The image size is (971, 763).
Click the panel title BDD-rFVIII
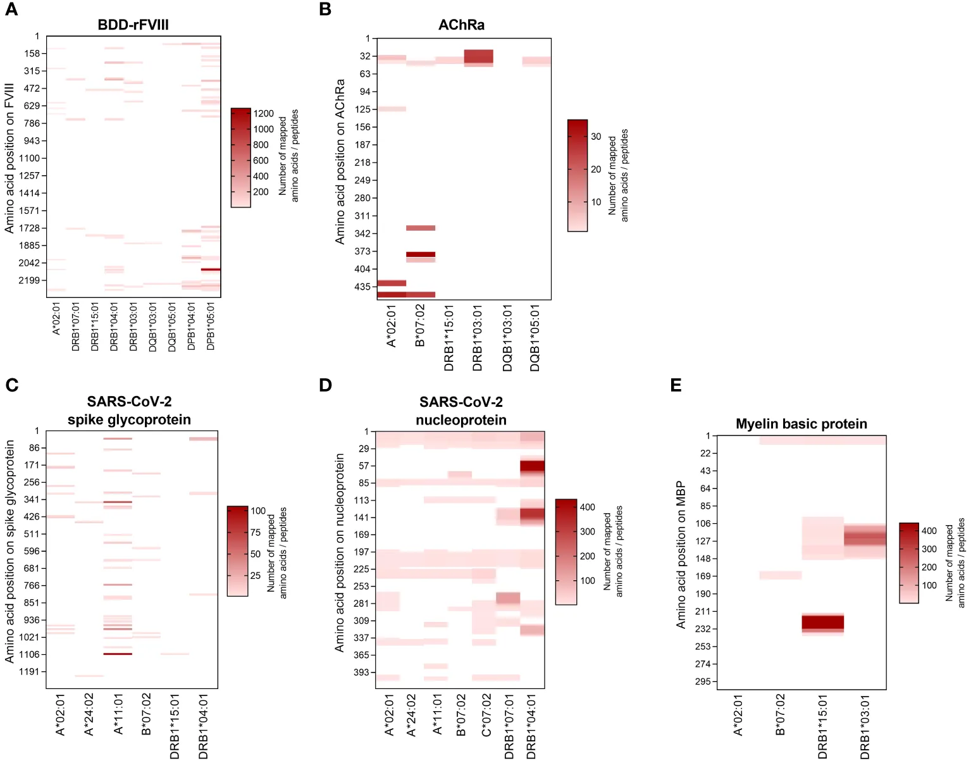[x=133, y=25]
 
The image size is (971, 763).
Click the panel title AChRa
[x=461, y=25]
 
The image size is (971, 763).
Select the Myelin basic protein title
[x=801, y=424]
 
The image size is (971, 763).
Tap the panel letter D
[x=325, y=385]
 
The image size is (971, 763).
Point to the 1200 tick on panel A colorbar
[x=263, y=114]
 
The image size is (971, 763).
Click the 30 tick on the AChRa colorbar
[x=595, y=137]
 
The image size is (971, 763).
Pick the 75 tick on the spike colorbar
[x=256, y=533]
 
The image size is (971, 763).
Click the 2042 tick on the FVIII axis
[x=29, y=263]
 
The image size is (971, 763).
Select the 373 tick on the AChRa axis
[x=362, y=251]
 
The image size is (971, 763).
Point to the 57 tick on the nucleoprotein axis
[x=364, y=466]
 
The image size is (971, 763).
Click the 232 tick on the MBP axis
[x=703, y=629]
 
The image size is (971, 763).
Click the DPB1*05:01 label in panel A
[x=211, y=326]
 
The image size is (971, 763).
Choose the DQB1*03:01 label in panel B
[x=507, y=338]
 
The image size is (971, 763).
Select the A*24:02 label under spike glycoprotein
[x=89, y=714]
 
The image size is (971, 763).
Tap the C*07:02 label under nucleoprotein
[x=486, y=715]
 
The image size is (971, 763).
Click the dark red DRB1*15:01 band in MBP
[x=822, y=622]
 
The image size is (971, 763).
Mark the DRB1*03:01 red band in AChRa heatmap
[x=478, y=56]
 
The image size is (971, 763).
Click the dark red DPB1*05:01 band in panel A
[x=211, y=270]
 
